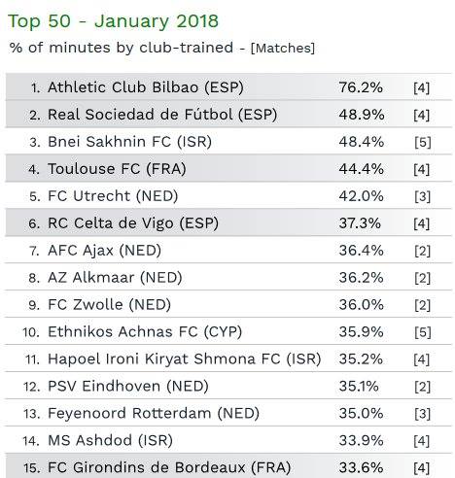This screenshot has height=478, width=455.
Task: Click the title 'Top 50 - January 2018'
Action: click(113, 21)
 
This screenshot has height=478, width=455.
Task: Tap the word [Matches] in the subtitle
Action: click(283, 48)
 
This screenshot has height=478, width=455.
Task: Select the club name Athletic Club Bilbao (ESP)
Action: click(146, 87)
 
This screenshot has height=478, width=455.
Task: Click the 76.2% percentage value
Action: click(361, 87)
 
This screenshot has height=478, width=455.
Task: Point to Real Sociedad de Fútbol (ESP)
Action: click(162, 115)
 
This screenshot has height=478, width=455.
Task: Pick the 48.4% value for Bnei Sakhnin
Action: click(362, 142)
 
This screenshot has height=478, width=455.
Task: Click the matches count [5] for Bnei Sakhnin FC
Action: click(423, 143)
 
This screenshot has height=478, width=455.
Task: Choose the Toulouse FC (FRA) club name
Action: click(117, 169)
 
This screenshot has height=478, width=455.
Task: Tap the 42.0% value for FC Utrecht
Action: click(362, 196)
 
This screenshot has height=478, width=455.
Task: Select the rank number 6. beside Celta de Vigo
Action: click(34, 223)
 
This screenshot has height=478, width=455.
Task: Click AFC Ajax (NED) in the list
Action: click(104, 251)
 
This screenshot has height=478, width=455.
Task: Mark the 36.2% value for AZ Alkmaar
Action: click(362, 278)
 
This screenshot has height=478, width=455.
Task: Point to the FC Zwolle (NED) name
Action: click(109, 305)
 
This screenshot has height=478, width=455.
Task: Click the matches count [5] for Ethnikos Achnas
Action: click(423, 332)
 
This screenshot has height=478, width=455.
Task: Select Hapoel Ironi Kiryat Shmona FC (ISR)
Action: click(185, 359)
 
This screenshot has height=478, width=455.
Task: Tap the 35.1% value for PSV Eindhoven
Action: click(359, 387)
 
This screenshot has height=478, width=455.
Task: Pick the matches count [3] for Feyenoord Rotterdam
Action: click(423, 414)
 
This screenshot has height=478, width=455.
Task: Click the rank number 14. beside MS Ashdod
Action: click(31, 441)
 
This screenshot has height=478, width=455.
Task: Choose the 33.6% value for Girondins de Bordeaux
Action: click(361, 467)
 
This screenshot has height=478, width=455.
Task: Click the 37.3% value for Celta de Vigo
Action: click(360, 223)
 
